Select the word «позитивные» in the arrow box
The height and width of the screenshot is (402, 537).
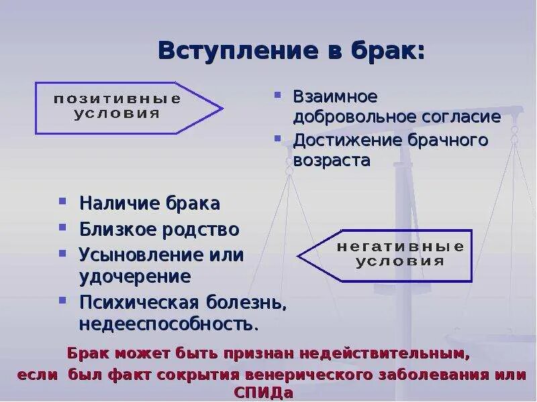(x=117, y=98)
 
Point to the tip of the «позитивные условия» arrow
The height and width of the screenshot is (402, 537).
(x=222, y=107)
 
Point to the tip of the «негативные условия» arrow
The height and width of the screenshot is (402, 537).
(x=298, y=255)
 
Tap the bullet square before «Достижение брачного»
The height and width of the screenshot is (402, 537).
(x=277, y=139)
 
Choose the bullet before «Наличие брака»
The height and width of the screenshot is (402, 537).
(x=62, y=200)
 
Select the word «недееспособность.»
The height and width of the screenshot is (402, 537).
(x=168, y=324)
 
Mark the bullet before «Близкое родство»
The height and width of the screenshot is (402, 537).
(x=62, y=228)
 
